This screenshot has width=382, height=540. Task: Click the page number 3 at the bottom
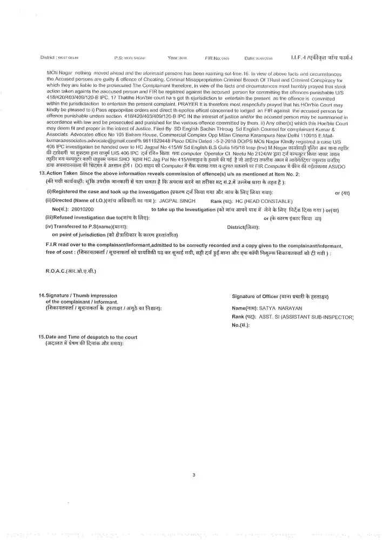pyautogui.click(x=193, y=475)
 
